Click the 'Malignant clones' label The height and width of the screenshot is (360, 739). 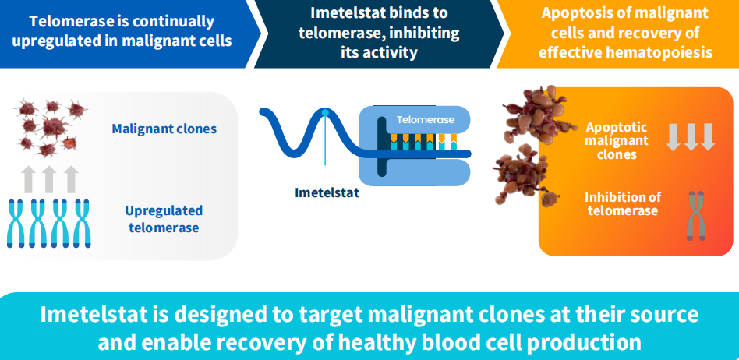(164, 129)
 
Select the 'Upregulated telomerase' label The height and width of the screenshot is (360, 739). (164, 219)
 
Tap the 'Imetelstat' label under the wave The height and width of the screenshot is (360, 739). (327, 192)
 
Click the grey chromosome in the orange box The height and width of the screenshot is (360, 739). (693, 214)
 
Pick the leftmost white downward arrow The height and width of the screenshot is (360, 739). (673, 136)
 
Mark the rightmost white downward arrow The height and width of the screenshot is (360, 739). (707, 136)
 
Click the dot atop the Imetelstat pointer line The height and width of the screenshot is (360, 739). (325, 113)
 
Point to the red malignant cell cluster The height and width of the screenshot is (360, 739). (51, 125)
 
